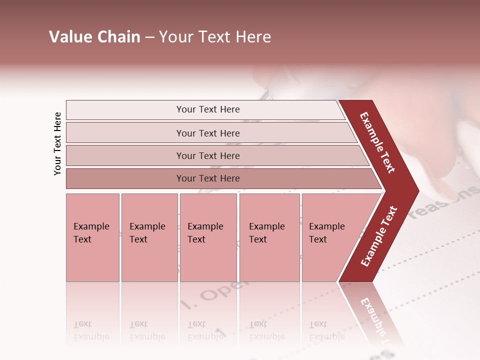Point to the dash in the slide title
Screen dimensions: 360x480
(x=149, y=37)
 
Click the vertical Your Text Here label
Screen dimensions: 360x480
(x=57, y=143)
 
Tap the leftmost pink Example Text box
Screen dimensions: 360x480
(x=92, y=237)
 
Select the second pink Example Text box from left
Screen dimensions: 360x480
(x=149, y=237)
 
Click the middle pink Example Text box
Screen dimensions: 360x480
(x=208, y=237)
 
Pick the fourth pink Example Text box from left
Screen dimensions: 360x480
(x=269, y=237)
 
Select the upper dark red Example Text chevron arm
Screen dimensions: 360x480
(x=378, y=142)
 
